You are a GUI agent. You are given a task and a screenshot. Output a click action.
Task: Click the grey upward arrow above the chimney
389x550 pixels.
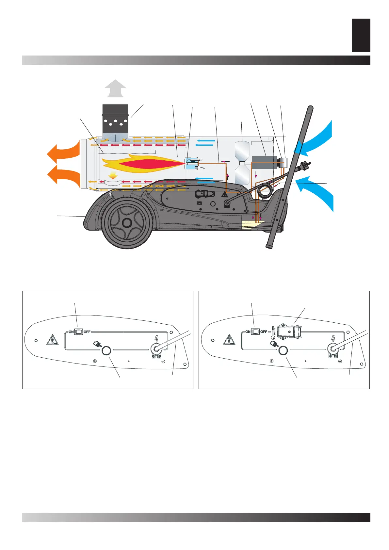115,89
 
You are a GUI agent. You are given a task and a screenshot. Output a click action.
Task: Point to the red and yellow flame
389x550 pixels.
144,163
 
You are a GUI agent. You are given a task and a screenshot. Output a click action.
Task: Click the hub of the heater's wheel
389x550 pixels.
127,223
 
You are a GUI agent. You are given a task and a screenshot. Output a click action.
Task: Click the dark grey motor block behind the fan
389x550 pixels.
264,162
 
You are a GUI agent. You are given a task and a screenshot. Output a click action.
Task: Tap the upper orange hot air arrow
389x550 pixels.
64,151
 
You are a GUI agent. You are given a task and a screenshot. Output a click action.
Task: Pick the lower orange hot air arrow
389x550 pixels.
64,175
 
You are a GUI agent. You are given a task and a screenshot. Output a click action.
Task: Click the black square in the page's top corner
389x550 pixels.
361,35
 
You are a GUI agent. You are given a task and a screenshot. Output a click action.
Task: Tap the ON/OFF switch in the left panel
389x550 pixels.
79,332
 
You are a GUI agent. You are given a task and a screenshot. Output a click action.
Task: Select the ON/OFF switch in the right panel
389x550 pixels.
255,332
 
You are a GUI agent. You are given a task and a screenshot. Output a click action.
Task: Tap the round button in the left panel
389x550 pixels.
106,351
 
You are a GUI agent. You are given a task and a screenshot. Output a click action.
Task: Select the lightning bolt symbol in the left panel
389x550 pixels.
156,339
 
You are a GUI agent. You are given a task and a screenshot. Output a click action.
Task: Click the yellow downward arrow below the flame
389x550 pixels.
113,176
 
